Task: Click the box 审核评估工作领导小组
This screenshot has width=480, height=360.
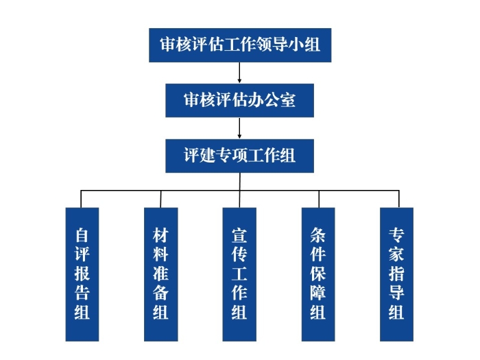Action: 240,45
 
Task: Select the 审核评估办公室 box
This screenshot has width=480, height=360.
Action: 240,100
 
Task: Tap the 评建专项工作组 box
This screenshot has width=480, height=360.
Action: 240,156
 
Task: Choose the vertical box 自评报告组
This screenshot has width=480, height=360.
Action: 82,274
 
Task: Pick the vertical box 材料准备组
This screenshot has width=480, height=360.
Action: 161,274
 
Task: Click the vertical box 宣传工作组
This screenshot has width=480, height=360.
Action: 239,274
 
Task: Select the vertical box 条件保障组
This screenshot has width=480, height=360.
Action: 318,274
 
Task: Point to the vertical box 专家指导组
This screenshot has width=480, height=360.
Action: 397,274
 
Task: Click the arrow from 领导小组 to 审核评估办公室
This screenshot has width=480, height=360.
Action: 240,73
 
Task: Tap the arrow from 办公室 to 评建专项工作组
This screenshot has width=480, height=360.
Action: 240,128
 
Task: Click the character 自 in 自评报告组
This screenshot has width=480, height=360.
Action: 82,236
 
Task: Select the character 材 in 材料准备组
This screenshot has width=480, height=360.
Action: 161,236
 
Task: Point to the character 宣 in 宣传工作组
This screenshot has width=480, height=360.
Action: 239,236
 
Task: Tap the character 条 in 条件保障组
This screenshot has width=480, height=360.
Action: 318,236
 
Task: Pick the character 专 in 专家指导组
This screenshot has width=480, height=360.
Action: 397,236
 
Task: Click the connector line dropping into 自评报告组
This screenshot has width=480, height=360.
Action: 82,199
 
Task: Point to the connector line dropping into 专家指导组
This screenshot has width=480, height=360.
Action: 397,199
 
